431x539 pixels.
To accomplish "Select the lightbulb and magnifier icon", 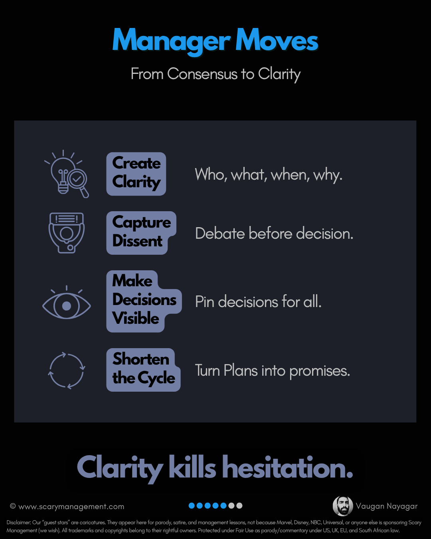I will click(x=67, y=174).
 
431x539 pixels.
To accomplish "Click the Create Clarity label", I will click(x=136, y=174).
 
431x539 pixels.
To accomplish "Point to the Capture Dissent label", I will click(x=141, y=233).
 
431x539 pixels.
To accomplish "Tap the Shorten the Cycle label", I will click(x=143, y=370).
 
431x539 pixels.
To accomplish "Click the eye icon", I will click(x=67, y=306).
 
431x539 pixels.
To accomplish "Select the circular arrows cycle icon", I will click(x=67, y=371).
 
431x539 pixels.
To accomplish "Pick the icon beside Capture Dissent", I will click(x=67, y=232).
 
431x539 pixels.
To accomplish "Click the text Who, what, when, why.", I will click(x=269, y=174).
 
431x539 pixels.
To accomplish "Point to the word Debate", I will click(x=220, y=234).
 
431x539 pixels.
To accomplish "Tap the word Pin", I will click(x=205, y=302).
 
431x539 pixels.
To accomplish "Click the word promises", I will click(x=319, y=371).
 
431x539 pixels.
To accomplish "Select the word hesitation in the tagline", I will click(x=287, y=468).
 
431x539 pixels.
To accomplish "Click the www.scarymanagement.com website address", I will click(x=71, y=507).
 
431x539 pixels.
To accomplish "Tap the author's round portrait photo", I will click(x=343, y=506).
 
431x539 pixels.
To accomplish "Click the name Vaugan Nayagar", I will click(x=387, y=506).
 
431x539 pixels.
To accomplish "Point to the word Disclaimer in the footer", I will click(x=19, y=522).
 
